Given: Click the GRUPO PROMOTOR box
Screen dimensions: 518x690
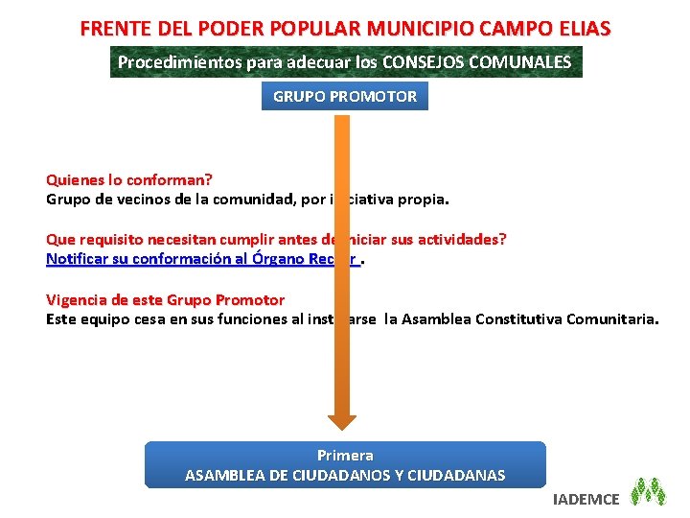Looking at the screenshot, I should pos(345,96).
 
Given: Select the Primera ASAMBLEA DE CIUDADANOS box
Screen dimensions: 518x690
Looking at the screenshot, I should pos(345,465).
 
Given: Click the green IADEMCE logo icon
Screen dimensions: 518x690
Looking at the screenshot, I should pos(651,491).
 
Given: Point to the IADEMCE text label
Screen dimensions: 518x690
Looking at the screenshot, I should pos(586,498).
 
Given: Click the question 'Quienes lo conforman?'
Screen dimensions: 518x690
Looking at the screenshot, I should pos(129,179).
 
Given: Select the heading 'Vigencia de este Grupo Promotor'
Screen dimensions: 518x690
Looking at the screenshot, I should pos(165,299).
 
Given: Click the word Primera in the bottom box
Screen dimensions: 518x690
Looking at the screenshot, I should pos(345,455).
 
